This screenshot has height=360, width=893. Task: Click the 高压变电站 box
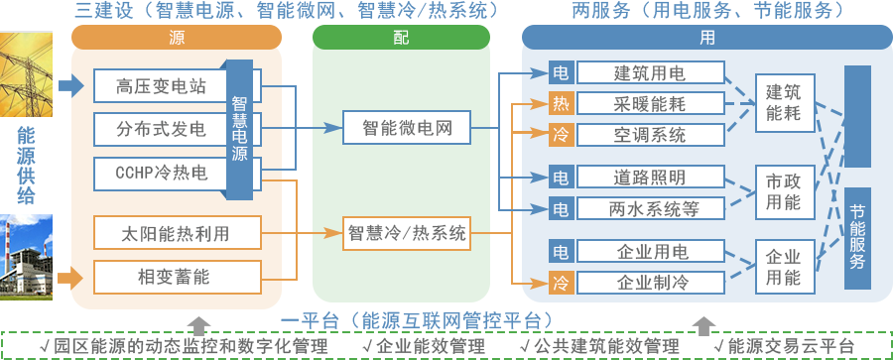(162, 86)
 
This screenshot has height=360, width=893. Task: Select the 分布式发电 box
(162, 129)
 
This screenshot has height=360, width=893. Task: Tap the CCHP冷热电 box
(162, 174)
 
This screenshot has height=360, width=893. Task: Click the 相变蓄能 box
(177, 276)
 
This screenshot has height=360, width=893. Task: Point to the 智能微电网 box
(407, 127)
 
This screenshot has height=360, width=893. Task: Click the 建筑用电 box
(650, 72)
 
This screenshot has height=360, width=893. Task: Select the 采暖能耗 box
(650, 103)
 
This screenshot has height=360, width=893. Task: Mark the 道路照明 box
(650, 179)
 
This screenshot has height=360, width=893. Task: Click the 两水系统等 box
(650, 209)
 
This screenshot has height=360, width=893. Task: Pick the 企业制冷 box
(650, 283)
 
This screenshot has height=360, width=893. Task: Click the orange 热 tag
(562, 103)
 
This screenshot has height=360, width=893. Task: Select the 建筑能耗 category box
(783, 102)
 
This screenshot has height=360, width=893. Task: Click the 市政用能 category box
(783, 192)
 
